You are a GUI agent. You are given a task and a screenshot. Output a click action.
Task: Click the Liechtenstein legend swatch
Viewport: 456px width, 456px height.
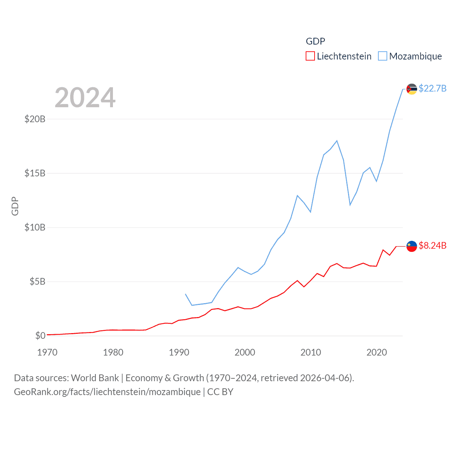click(310, 56)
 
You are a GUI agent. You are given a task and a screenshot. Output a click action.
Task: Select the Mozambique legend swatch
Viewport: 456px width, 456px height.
click(382, 56)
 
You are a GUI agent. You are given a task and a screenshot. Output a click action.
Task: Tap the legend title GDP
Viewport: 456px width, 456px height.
click(315, 41)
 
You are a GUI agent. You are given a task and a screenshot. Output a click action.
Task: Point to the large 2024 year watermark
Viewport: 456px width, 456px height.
click(85, 98)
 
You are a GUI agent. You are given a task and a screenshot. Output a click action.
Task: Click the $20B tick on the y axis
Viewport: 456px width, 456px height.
click(35, 119)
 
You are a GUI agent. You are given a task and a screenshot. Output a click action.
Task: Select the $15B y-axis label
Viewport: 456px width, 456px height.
click(35, 173)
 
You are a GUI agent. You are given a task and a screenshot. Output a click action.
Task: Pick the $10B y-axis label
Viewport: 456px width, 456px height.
click(35, 227)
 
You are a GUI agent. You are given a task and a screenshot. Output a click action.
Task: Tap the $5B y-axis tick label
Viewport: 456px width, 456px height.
click(37, 281)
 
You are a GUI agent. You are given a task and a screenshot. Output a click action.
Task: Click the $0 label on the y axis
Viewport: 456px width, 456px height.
click(40, 336)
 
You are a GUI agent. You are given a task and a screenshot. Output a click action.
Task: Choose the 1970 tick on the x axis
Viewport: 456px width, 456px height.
click(47, 352)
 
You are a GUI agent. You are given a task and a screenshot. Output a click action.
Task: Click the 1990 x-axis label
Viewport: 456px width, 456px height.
click(179, 352)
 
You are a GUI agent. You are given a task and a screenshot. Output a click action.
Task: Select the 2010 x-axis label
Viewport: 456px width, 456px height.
click(311, 352)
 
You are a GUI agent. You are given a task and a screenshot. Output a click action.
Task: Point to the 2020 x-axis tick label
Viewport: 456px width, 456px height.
click(377, 352)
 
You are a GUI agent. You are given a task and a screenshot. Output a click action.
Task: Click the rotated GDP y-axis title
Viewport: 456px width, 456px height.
click(15, 206)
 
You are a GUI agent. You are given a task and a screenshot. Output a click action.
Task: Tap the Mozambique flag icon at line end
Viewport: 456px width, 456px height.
click(411, 89)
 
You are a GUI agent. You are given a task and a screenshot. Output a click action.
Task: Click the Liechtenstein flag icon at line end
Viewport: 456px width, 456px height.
click(411, 246)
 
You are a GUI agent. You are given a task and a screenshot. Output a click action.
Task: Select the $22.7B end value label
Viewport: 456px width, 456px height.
click(432, 88)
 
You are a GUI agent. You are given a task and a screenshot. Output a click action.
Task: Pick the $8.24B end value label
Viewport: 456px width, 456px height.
click(432, 245)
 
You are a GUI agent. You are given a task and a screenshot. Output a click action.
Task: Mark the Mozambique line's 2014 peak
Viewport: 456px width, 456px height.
click(337, 141)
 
